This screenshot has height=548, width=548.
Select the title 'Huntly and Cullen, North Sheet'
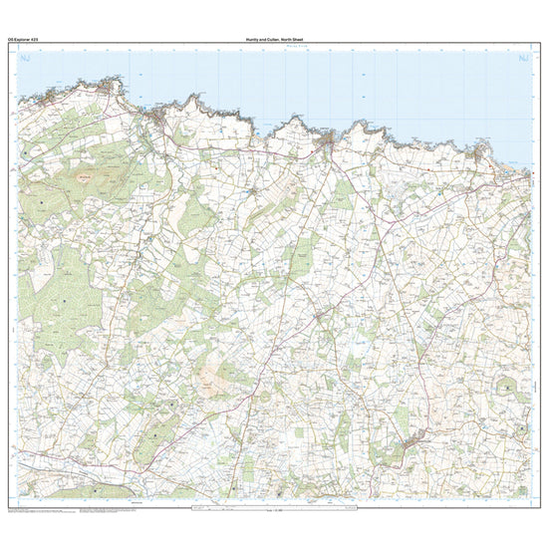tap(273, 37)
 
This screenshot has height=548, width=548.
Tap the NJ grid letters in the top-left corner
tap(27, 61)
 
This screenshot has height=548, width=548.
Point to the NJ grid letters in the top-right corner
tap(520, 61)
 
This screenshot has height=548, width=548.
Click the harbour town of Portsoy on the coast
tap(328, 144)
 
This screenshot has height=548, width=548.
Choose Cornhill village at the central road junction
tap(320, 317)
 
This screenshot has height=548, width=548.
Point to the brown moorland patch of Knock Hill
tap(212, 376)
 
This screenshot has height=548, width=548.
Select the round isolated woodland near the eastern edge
tap(508, 384)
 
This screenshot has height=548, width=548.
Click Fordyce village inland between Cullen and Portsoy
tap(253, 188)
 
